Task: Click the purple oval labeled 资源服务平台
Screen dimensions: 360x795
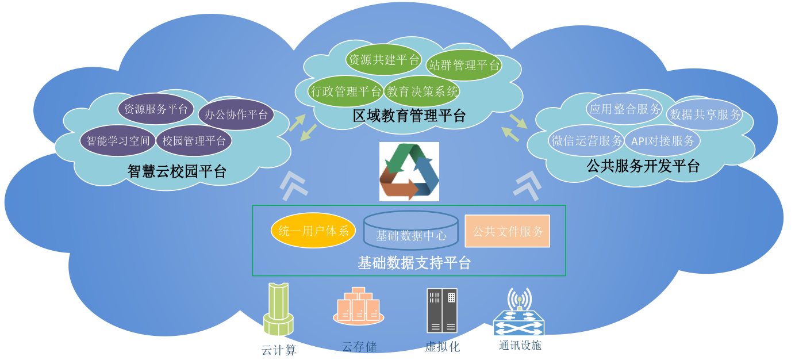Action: coord(156,109)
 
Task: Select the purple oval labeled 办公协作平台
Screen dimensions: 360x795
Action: coord(236,114)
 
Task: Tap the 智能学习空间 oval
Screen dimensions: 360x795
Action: coord(118,141)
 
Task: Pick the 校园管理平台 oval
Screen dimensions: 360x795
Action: coord(194,141)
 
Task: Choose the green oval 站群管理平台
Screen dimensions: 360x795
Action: coord(464,65)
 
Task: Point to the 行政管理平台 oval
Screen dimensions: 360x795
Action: coord(345,91)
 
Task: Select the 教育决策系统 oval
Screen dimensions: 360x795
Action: coord(422,91)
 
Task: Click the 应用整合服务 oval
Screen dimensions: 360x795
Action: coord(625,109)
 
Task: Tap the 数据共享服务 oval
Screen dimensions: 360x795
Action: coord(705,114)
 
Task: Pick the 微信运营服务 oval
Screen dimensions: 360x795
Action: coord(587,141)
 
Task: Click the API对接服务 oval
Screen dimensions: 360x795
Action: coord(662,141)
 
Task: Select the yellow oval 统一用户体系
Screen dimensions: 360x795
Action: coord(313,231)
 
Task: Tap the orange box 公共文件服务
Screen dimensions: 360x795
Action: coord(508,231)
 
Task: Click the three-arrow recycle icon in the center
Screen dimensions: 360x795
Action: coord(409,171)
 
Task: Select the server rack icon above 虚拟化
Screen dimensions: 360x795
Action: coord(442,311)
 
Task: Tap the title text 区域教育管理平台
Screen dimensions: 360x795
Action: coord(409,116)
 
